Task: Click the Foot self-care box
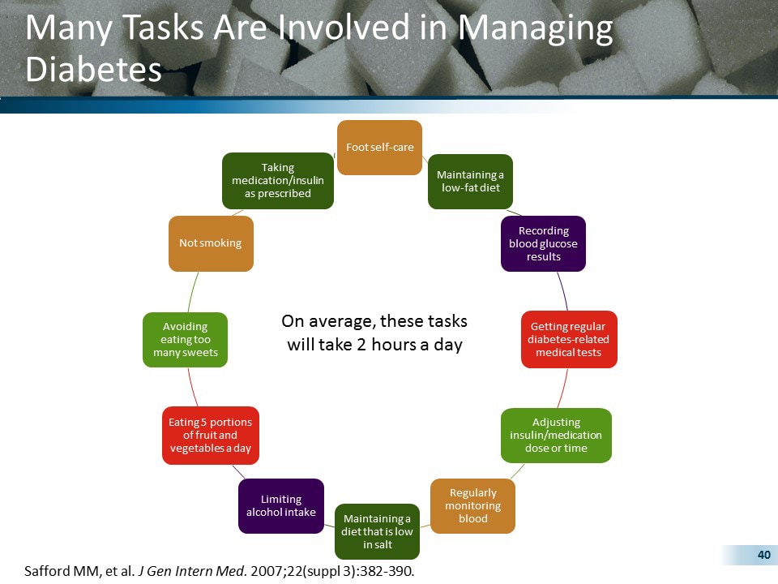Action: [x=379, y=148]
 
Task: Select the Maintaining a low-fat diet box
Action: [x=470, y=181]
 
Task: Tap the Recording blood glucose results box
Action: [x=543, y=243]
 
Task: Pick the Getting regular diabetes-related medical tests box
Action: [x=568, y=339]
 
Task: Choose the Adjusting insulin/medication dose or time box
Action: [x=556, y=436]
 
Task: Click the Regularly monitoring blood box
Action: [x=472, y=505]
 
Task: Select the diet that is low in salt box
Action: [x=377, y=531]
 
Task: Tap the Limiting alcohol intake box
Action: [x=281, y=505]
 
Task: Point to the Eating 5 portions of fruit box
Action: [x=210, y=436]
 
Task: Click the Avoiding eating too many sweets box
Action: [x=185, y=340]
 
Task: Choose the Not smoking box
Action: [x=211, y=243]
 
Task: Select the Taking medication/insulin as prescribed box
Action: [x=277, y=181]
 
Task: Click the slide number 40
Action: [x=763, y=555]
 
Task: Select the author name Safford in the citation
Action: [x=49, y=571]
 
